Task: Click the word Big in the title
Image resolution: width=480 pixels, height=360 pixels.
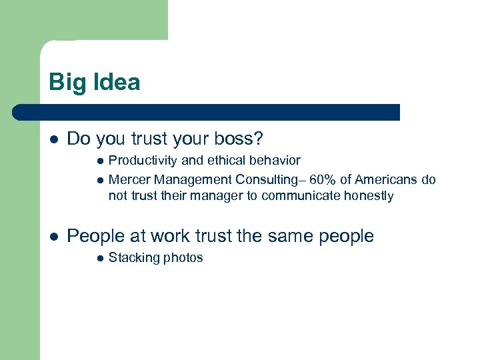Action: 65,83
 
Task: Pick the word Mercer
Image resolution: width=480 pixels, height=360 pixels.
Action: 129,179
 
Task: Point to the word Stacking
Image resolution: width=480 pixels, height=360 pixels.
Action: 133,258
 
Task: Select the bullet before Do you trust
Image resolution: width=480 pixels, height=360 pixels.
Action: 53,139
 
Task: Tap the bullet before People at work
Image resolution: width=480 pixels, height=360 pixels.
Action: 53,236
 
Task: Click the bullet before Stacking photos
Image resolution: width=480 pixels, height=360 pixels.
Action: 99,258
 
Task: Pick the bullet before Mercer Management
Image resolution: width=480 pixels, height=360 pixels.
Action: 99,179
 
